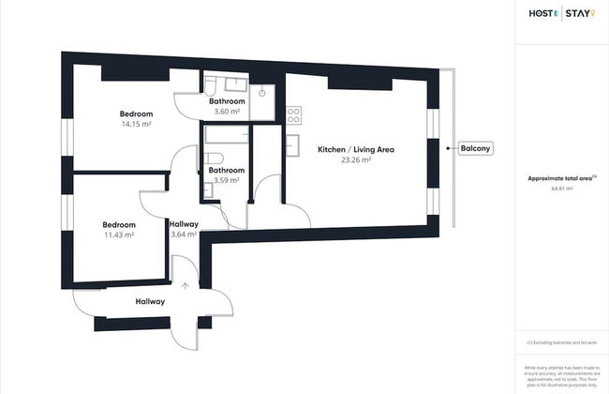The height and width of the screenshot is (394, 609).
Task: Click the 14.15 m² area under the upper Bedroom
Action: pyautogui.click(x=136, y=123)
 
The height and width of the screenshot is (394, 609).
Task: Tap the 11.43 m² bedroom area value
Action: pyautogui.click(x=119, y=235)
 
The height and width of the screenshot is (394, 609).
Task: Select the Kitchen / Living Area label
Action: pyautogui.click(x=355, y=150)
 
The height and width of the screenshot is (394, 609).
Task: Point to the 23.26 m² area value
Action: pyautogui.click(x=355, y=160)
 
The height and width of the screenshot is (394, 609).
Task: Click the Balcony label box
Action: pyautogui.click(x=475, y=148)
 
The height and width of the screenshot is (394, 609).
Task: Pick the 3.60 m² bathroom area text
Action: pyautogui.click(x=227, y=112)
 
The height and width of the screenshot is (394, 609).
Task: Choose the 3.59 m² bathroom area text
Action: pyautogui.click(x=227, y=180)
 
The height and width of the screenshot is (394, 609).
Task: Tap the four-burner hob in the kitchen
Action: pyautogui.click(x=293, y=116)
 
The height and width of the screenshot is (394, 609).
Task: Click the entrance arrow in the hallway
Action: pyautogui.click(x=186, y=286)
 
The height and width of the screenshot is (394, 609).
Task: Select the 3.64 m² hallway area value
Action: pyautogui.click(x=183, y=235)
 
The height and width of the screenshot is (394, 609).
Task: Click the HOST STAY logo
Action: pyautogui.click(x=561, y=13)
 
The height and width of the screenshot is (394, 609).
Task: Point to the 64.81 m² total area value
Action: pyautogui.click(x=561, y=189)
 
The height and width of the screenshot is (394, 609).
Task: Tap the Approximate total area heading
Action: pyautogui.click(x=561, y=177)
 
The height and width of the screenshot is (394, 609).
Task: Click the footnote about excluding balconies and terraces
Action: pyautogui.click(x=561, y=343)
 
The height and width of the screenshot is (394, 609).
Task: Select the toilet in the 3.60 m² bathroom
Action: pyautogui.click(x=262, y=93)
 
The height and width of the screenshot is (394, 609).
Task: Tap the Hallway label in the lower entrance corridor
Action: pyautogui.click(x=150, y=301)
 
